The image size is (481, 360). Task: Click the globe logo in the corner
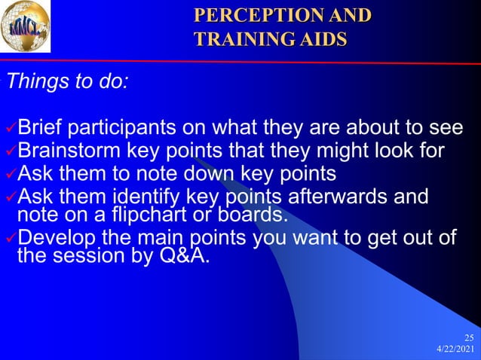point(26,27)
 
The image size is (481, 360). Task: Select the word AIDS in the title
point(320,37)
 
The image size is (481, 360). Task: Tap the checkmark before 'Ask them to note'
point(10,175)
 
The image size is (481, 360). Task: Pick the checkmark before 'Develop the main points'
point(10,240)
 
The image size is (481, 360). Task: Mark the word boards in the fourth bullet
point(258,215)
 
